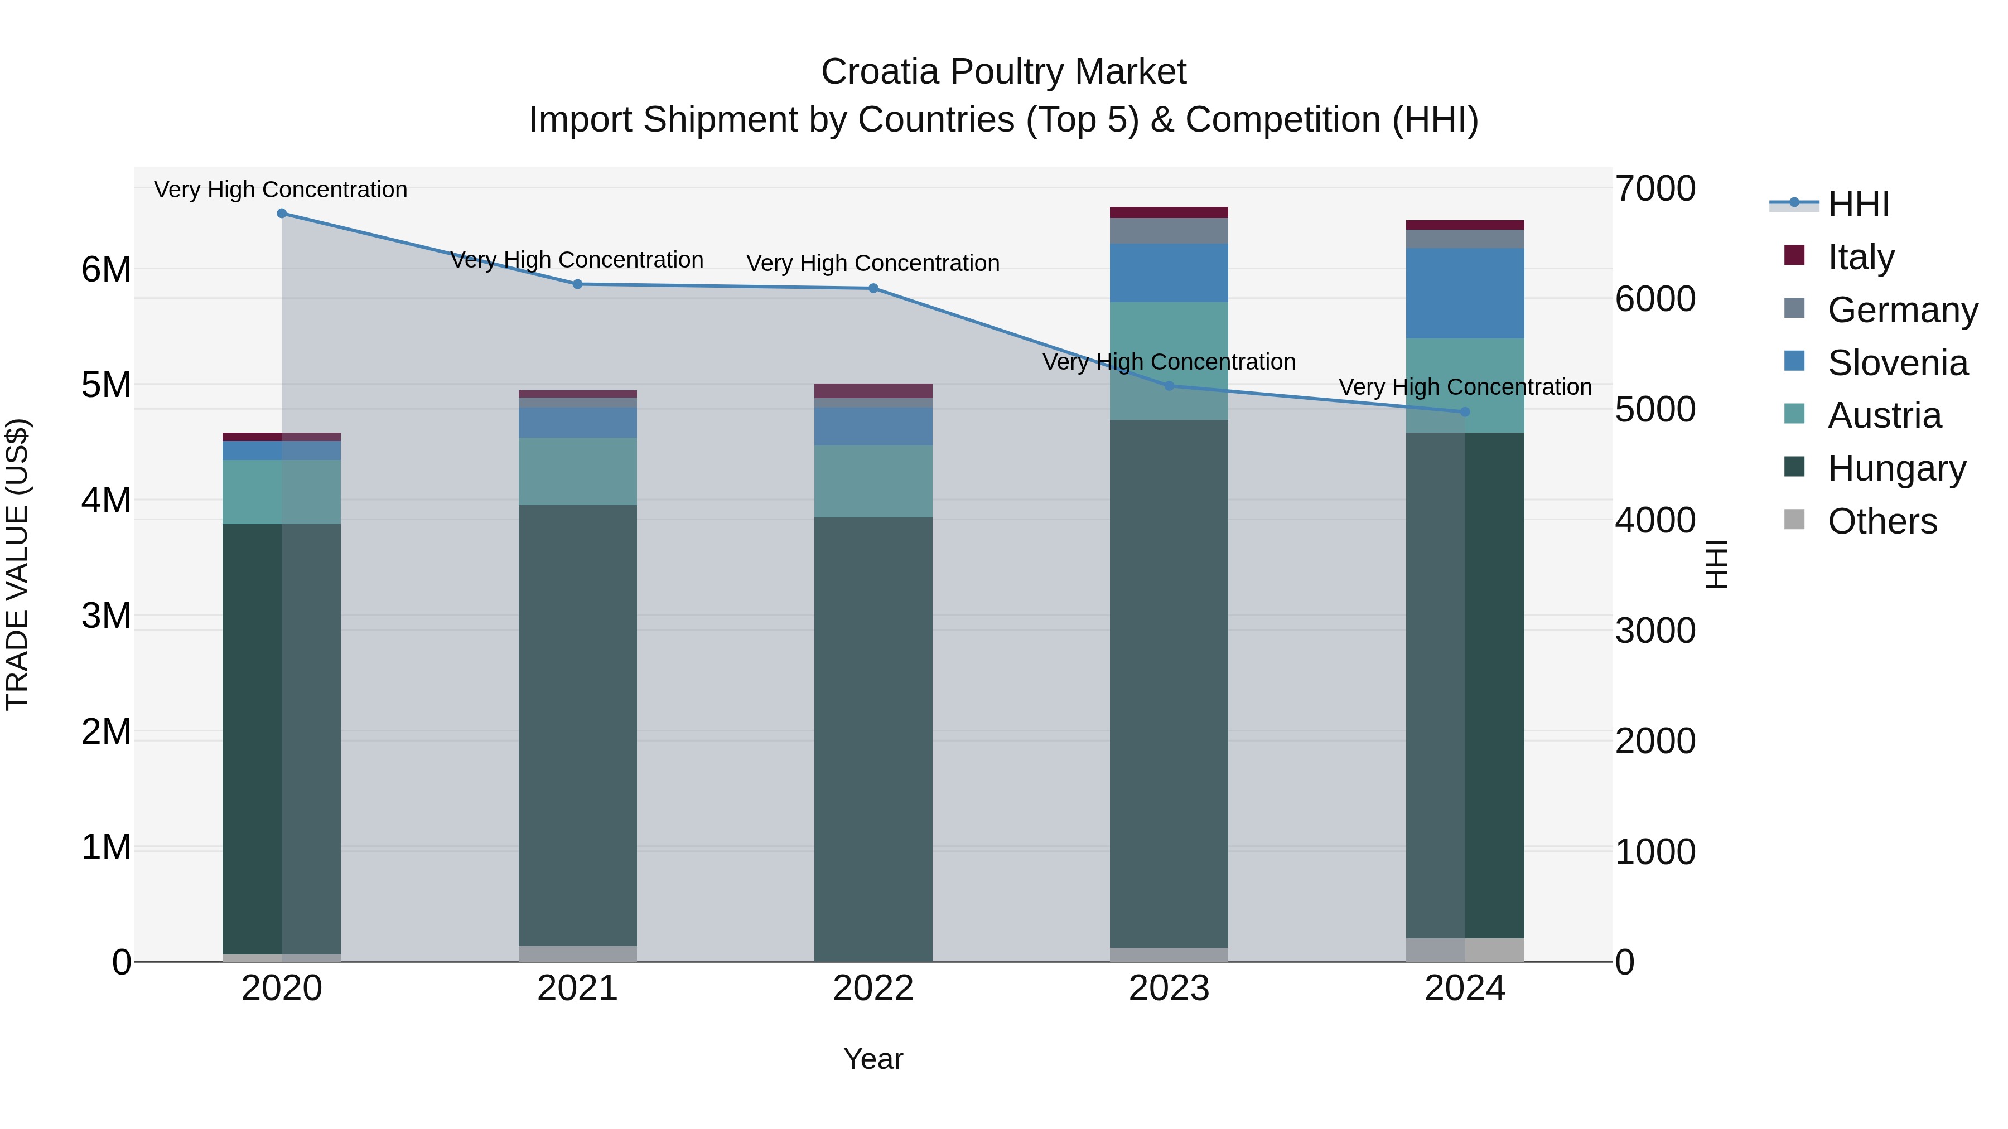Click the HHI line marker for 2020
tap(282, 214)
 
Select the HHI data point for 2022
tap(873, 288)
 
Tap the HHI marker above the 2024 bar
tap(1465, 411)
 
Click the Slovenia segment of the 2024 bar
tap(1465, 293)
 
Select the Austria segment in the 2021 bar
tap(578, 471)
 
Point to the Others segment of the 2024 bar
tap(1465, 950)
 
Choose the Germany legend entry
tap(1902, 310)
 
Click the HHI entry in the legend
tap(1859, 204)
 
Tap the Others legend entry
tap(1882, 521)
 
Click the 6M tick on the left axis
tap(106, 270)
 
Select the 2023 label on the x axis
tap(1169, 989)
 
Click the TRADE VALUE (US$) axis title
tap(18, 564)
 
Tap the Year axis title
tap(873, 1059)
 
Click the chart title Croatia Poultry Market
tap(1003, 72)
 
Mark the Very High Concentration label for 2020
tap(281, 190)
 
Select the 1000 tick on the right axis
tap(1655, 851)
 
